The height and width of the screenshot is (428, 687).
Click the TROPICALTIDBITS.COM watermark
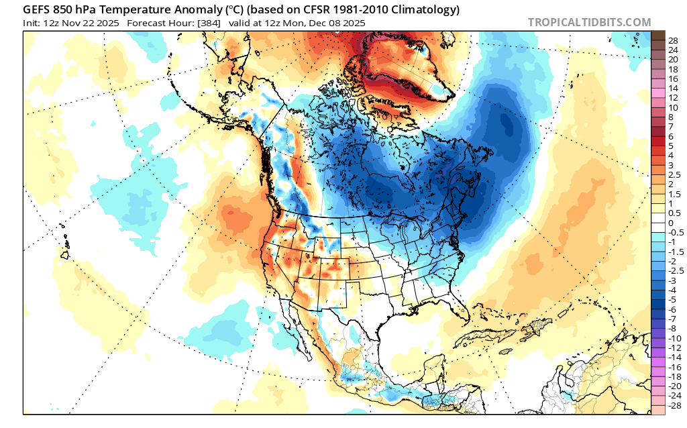coord(589,22)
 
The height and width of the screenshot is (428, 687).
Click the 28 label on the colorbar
coord(673,40)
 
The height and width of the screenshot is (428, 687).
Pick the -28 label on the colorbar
coord(674,405)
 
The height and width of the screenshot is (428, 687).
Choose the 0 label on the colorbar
coord(670,223)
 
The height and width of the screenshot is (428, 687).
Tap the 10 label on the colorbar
coord(673,107)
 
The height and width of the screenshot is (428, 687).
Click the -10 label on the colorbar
coord(674,338)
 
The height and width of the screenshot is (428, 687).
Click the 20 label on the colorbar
coord(673,59)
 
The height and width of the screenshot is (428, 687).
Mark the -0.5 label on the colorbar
coord(675,232)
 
